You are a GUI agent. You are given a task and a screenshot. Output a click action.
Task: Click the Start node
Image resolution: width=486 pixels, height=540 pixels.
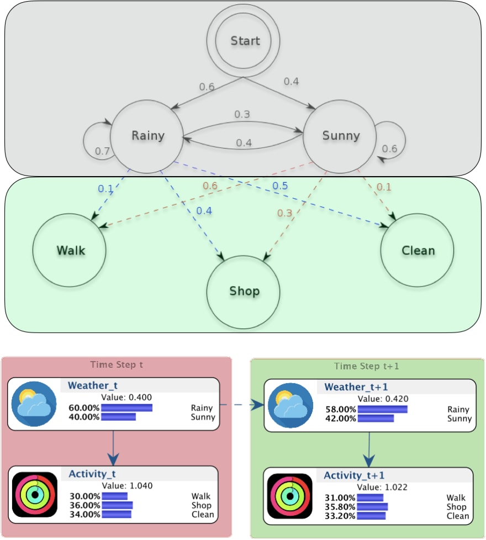click(x=245, y=41)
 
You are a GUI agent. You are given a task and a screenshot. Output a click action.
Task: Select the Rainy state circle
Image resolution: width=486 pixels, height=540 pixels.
click(x=147, y=136)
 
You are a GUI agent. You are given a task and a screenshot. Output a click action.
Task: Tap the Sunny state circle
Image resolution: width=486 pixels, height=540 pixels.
click(x=341, y=136)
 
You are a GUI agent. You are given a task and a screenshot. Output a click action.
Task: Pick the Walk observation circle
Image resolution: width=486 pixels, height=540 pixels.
click(x=70, y=250)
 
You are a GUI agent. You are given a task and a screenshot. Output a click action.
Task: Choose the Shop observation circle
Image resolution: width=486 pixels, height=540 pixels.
click(x=244, y=291)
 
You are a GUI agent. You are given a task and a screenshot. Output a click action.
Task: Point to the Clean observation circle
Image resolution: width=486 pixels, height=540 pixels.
click(x=418, y=251)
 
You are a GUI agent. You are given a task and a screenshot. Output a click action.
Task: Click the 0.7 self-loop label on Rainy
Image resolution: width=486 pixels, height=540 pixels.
click(x=102, y=151)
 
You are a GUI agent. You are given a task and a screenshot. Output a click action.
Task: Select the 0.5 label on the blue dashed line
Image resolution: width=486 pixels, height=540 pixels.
click(x=280, y=186)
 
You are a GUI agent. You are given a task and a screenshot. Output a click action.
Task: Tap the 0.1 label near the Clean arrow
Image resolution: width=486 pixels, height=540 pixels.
click(x=383, y=187)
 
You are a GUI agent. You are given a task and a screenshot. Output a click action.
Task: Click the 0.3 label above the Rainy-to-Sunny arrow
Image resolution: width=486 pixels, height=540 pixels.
click(x=242, y=114)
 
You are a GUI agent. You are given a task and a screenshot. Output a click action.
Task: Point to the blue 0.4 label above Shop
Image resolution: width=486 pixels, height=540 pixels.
click(x=204, y=210)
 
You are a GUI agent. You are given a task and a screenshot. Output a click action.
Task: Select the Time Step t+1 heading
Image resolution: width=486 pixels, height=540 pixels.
click(x=366, y=367)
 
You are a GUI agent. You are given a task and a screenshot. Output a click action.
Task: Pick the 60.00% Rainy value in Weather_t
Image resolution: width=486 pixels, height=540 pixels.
click(x=84, y=407)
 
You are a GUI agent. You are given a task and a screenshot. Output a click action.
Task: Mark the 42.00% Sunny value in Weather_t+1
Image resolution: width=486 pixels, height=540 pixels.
click(x=340, y=419)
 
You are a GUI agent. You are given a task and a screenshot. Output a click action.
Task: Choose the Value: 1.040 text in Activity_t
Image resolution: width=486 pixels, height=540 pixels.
click(x=130, y=485)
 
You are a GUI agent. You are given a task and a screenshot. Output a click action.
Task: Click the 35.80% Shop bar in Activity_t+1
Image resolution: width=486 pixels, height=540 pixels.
click(x=373, y=507)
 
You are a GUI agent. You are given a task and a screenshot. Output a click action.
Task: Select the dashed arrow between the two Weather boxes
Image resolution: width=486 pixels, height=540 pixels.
click(x=241, y=405)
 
